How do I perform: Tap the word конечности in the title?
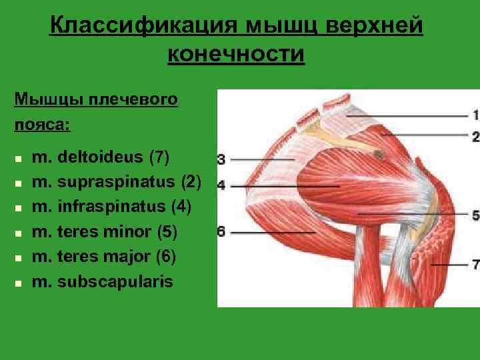pyautogui.click(x=236, y=54)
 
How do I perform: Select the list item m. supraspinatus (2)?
pyautogui.click(x=116, y=182)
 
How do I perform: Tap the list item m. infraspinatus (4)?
pyautogui.click(x=111, y=207)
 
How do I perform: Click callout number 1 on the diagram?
pyautogui.click(x=475, y=115)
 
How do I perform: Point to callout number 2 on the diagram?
pyautogui.click(x=475, y=136)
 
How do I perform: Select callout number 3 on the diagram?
pyautogui.click(x=221, y=159)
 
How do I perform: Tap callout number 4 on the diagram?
pyautogui.click(x=221, y=184)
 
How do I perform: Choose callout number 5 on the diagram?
pyautogui.click(x=475, y=215)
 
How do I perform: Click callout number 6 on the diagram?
pyautogui.click(x=221, y=232)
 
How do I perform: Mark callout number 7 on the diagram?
pyautogui.click(x=475, y=265)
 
